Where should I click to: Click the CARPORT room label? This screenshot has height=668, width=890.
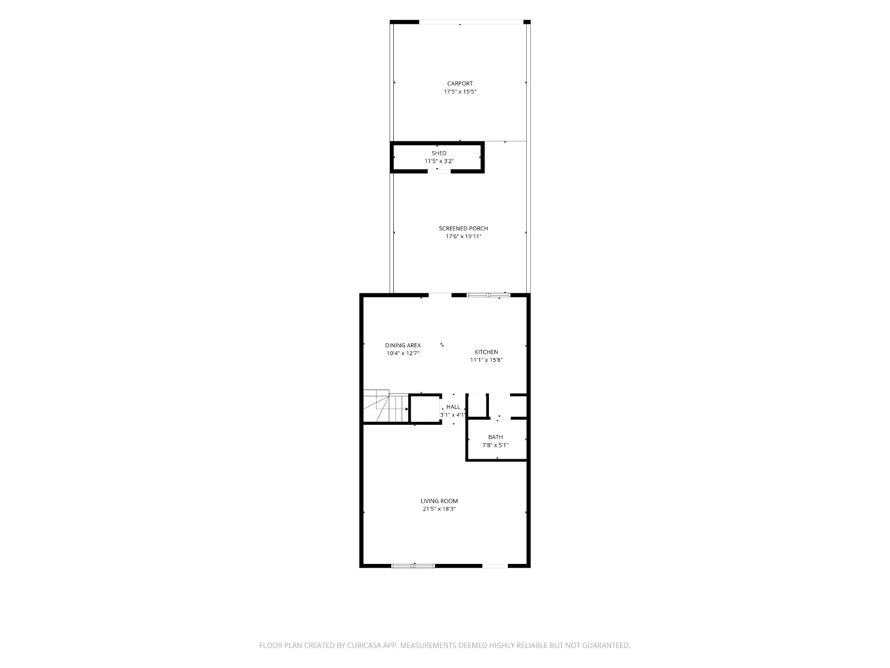[460, 83]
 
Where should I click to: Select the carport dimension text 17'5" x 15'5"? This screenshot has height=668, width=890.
[460, 92]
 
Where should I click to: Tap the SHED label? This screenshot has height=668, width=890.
[439, 153]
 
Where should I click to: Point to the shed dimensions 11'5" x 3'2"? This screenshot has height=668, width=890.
[439, 161]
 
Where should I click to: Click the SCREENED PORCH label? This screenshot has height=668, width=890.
[463, 228]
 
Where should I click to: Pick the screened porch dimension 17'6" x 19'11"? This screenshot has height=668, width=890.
[463, 237]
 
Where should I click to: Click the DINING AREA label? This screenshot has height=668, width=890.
[403, 346]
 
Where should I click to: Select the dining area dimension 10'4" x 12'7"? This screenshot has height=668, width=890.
[403, 353]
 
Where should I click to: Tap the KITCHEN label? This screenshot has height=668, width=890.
[486, 352]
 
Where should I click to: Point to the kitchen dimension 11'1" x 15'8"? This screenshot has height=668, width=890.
[486, 360]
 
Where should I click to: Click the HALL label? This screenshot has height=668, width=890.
[453, 407]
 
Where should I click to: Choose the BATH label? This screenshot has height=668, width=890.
[496, 437]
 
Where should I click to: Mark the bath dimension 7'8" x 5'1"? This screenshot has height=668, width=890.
[496, 445]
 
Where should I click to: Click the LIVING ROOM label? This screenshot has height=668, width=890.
[439, 501]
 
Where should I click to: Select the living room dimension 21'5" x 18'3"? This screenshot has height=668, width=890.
[439, 509]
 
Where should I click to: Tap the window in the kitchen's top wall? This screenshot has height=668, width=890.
[488, 295]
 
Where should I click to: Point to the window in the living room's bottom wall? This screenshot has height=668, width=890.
[413, 566]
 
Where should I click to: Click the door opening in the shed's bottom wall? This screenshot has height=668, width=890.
[439, 171]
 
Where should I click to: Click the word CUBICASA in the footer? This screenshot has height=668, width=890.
[364, 645]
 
